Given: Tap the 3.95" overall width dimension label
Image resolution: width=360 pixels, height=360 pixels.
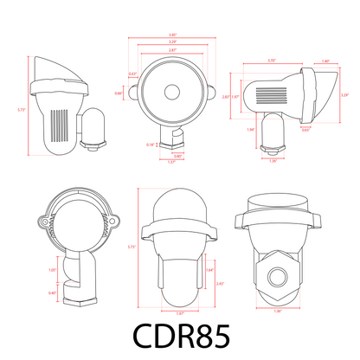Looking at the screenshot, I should [173, 35].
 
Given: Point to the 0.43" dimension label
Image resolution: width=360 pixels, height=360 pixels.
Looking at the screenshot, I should [132, 74].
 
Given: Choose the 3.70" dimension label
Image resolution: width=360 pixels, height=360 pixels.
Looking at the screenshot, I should [273, 61].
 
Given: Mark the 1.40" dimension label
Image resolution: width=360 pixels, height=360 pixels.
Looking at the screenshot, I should [325, 61].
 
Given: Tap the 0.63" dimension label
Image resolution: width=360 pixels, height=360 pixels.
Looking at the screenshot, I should [306, 131].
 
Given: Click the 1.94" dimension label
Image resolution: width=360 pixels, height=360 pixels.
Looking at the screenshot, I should [251, 129].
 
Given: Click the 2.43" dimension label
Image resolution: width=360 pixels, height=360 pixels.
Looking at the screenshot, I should [221, 283].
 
